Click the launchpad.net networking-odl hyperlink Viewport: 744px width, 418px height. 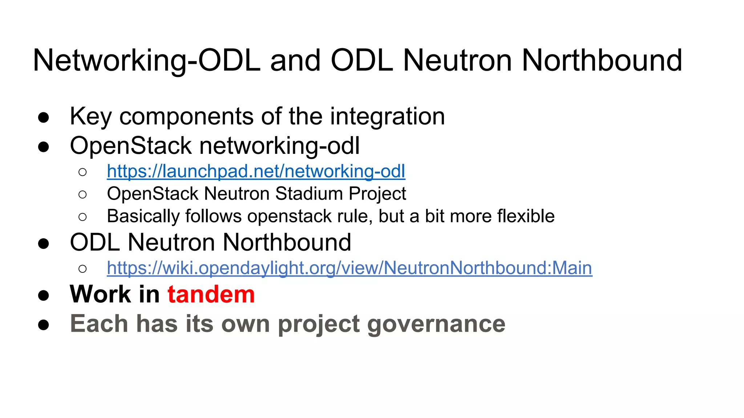point(256,171)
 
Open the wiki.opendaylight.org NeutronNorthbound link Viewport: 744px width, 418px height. point(349,268)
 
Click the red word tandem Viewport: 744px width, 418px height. point(211,294)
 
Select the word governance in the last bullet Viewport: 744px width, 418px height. point(436,324)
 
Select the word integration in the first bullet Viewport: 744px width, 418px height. point(387,116)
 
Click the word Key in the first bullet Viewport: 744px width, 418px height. point(91,116)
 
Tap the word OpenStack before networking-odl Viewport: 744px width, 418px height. point(130,146)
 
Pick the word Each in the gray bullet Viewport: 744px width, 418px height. point(99,324)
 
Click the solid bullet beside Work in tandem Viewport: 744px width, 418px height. point(44,295)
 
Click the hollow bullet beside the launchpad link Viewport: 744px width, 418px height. point(82,172)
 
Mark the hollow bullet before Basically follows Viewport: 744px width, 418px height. point(82,217)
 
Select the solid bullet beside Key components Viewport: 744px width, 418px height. point(44,118)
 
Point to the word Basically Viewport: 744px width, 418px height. point(143,216)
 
